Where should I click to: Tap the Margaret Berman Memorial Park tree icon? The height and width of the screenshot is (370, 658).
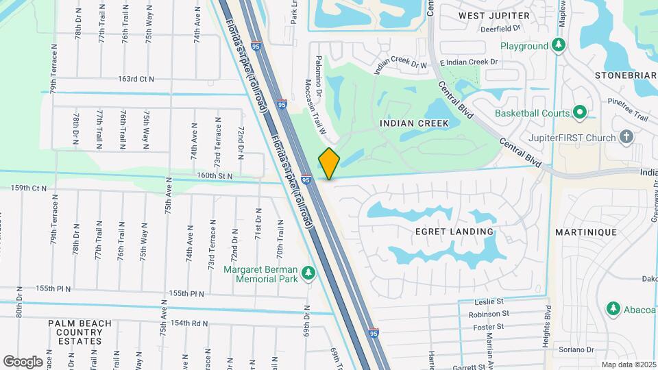tap(308, 273)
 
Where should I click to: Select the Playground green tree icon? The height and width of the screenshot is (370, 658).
tap(559, 46)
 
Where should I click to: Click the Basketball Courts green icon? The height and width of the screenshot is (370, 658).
tap(580, 112)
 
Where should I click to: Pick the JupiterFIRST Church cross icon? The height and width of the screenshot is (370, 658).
tap(626, 138)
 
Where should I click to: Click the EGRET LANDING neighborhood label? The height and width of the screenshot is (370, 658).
tap(454, 232)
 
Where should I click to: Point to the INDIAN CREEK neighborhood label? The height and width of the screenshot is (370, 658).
tap(414, 123)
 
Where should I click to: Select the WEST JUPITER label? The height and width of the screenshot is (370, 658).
tap(494, 15)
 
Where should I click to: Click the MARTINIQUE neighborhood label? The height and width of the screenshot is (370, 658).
tap(586, 232)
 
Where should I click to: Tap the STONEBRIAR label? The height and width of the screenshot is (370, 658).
tap(626, 75)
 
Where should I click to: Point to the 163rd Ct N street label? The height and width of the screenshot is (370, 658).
tap(136, 79)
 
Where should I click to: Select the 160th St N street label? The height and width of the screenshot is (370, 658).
tap(215, 176)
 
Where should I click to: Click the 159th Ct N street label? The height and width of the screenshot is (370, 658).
tap(29, 188)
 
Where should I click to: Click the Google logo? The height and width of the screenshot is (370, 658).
tap(23, 362)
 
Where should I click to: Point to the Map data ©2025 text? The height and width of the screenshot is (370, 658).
tap(628, 365)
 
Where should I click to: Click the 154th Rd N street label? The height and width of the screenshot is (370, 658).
tap(189, 323)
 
